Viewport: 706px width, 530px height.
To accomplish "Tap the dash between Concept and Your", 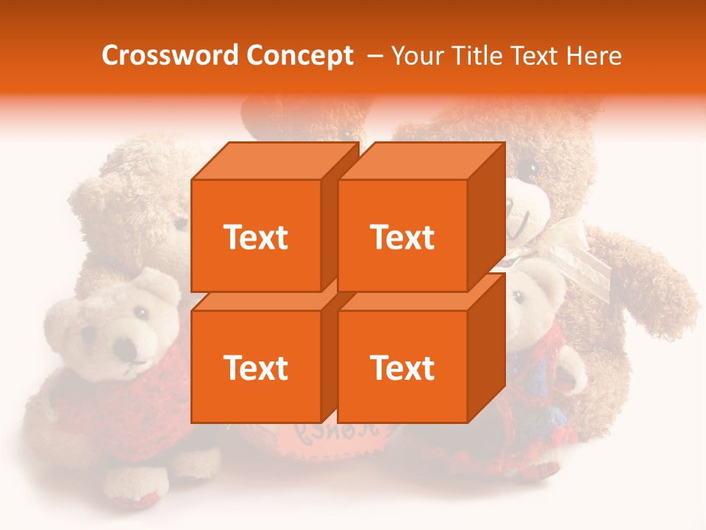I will coord(374,56).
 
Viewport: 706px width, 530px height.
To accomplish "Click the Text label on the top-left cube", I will coord(255,237).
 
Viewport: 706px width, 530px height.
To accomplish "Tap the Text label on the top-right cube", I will coord(402,237).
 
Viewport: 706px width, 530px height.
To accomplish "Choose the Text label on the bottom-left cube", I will coord(255,367).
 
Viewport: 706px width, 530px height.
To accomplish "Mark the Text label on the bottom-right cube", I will coord(402,367).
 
